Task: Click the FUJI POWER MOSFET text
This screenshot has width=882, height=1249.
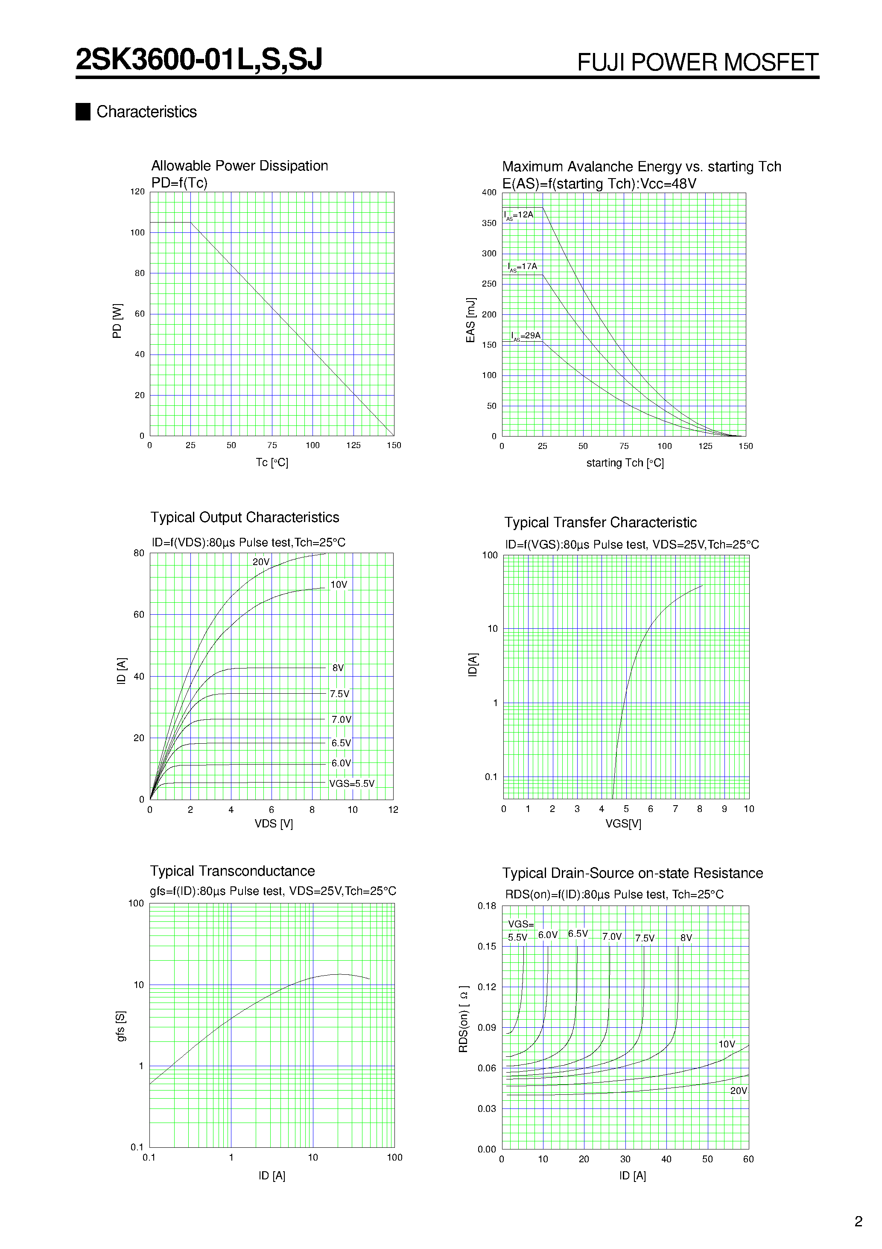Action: pos(697,62)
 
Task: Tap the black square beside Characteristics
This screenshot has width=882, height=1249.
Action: pos(83,111)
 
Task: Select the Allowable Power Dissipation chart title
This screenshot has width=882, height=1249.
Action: pos(239,165)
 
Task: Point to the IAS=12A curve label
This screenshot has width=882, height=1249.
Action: pos(519,215)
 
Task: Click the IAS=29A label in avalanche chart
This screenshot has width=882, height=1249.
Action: pos(526,336)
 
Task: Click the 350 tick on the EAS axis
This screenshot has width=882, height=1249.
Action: pos(489,223)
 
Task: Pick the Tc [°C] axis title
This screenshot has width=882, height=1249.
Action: pos(272,462)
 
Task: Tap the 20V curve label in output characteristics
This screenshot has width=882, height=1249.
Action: pos(261,562)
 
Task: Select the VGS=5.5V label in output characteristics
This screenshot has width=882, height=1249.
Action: pos(352,783)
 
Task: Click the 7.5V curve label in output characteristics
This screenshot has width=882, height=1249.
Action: pos(340,694)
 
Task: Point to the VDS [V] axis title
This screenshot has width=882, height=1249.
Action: pos(274,824)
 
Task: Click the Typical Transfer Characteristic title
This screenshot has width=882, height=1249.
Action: pos(600,522)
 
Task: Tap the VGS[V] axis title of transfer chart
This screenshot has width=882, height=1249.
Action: pos(623,824)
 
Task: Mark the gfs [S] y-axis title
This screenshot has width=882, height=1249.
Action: pos(121,1026)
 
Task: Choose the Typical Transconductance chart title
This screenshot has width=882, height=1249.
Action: pos(232,871)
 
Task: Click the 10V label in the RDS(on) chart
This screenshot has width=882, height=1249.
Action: pos(727,1044)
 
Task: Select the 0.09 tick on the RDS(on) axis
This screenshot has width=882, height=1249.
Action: pos(487,1028)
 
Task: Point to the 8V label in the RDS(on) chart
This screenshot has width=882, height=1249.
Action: pos(686,938)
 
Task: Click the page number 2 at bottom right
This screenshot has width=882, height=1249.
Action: pos(859,1221)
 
